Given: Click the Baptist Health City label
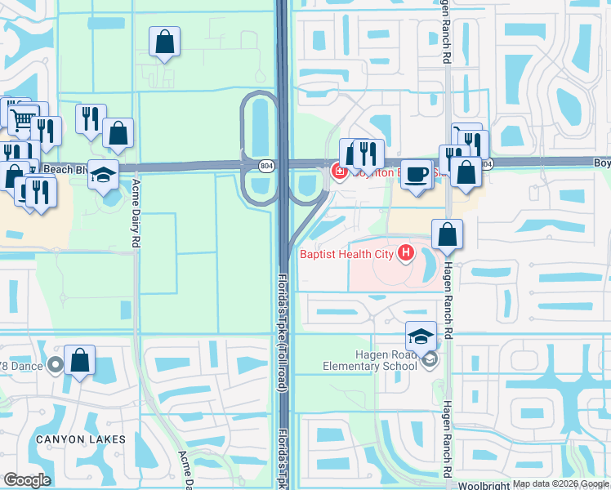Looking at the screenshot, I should click(347, 254).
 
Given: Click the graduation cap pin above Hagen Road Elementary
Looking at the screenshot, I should click(421, 336).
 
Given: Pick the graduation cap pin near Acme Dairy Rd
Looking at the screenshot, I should click(104, 175).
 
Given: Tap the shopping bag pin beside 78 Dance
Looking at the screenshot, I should click(80, 360).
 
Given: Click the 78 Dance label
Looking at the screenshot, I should click(24, 363).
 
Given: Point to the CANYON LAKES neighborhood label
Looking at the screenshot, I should click(80, 439).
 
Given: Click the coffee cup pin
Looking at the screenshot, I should click(417, 175).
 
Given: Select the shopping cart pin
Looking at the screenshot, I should click(23, 118).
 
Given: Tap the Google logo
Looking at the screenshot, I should click(27, 479).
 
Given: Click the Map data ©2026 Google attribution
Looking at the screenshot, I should click(560, 484).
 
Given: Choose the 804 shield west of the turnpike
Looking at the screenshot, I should click(267, 165).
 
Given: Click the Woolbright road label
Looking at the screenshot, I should click(483, 485).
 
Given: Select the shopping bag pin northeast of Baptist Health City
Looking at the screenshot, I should click(448, 234).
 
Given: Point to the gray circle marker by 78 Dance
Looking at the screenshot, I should click(56, 364).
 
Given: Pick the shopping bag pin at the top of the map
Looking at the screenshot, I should click(164, 42).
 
